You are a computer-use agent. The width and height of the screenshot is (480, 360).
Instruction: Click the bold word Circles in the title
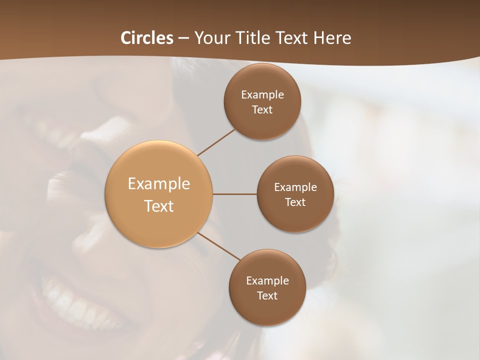147,38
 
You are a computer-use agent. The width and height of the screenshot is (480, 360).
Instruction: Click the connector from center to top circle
216,142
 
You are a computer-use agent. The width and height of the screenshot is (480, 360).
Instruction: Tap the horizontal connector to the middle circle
235,194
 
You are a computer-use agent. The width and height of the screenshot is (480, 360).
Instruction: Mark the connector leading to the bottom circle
218,246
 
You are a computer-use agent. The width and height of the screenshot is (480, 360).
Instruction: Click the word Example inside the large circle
159,184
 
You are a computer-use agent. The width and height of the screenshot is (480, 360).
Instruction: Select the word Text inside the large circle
159,206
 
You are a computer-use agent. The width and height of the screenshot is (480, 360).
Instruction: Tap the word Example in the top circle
262,95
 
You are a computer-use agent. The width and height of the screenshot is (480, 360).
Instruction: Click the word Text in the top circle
262,109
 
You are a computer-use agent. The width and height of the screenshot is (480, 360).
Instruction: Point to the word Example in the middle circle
295,187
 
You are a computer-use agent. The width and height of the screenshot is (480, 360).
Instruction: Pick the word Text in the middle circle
295,202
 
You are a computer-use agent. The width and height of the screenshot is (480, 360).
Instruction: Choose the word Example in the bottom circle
267,281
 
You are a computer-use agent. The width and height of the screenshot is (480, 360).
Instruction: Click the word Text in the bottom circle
267,295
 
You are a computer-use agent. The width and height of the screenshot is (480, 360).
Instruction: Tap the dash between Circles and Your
183,38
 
